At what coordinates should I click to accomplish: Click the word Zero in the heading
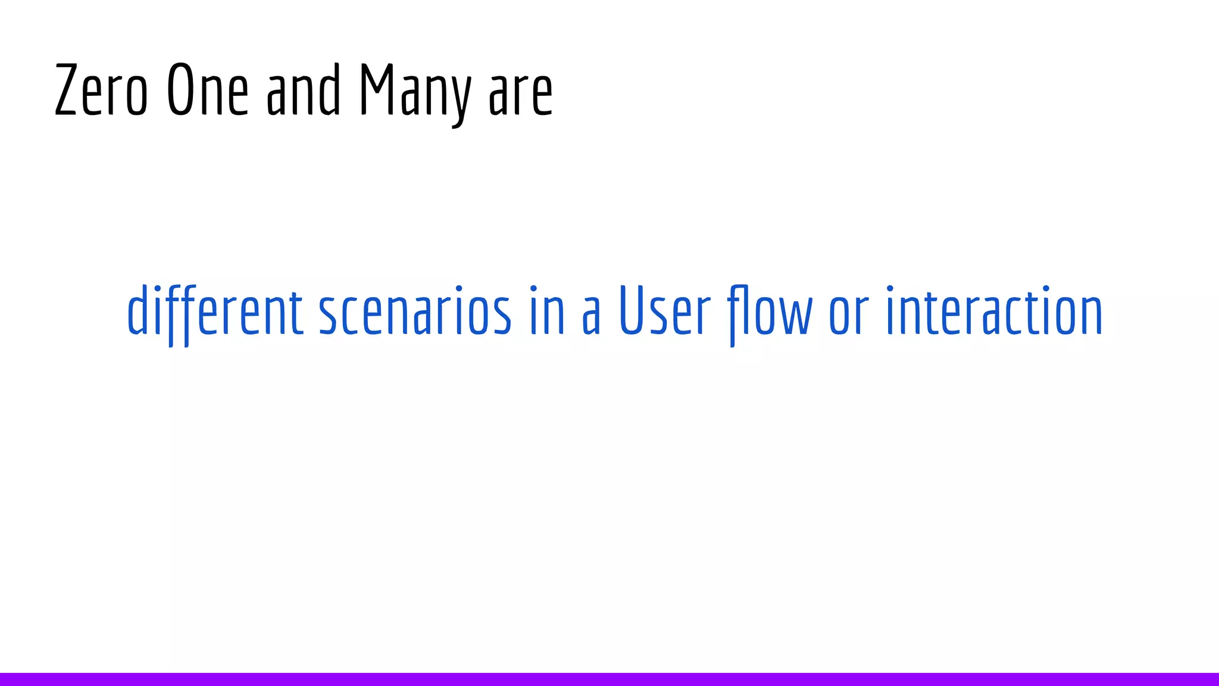coord(101,91)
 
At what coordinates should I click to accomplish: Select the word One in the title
coord(207,91)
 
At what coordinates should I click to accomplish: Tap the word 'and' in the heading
coord(304,91)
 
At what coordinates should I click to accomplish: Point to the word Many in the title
coord(415,92)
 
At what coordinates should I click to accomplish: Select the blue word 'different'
coord(215,311)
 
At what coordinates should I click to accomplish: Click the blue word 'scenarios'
coord(415,311)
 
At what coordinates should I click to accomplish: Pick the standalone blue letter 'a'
coord(591,316)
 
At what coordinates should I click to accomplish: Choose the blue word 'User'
coord(665,311)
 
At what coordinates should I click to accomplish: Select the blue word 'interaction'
coord(994,311)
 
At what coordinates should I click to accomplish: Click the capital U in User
coord(633,311)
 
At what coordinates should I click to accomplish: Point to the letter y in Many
coord(460,98)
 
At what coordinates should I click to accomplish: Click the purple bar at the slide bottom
coord(609,679)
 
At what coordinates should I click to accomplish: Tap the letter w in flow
coord(796,316)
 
